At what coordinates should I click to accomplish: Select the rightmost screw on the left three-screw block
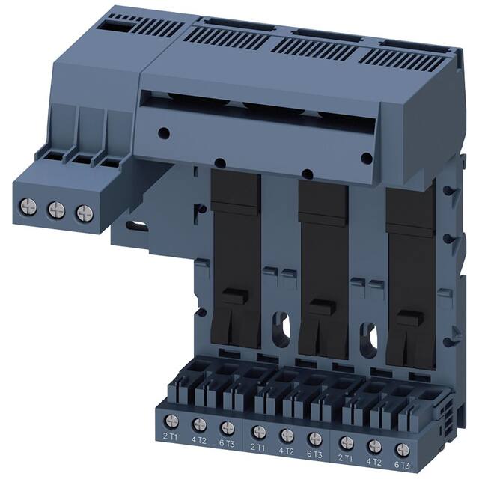point(82,212)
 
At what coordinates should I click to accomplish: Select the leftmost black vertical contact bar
point(235,254)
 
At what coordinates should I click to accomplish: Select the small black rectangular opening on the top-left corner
point(118,25)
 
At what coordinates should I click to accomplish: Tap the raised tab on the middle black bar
point(323,307)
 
